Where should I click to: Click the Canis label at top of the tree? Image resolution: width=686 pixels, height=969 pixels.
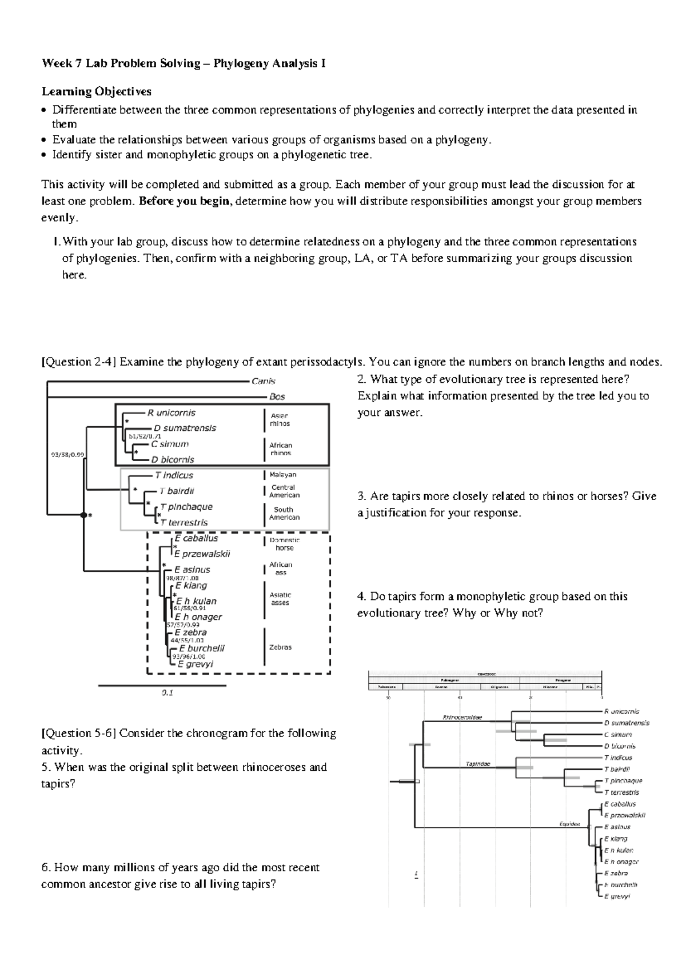[x=264, y=381]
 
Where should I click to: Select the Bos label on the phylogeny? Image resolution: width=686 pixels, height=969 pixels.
[x=277, y=397]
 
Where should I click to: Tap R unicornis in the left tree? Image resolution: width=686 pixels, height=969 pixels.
[x=171, y=413]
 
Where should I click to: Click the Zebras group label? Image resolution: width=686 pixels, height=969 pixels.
[x=280, y=647]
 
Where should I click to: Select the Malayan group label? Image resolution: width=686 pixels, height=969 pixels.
[x=283, y=475]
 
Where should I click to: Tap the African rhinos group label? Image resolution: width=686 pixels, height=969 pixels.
[x=281, y=449]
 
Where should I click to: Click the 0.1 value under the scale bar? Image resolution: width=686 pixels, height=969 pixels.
[x=167, y=692]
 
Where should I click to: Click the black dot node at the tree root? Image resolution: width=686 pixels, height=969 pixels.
[x=83, y=515]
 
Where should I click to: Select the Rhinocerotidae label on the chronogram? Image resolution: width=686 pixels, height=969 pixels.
[x=462, y=717]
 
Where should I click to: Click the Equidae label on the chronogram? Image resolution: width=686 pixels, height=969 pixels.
[x=569, y=824]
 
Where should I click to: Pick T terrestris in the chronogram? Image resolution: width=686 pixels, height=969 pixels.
[x=621, y=792]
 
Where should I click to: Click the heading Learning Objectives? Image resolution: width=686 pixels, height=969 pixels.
[x=96, y=91]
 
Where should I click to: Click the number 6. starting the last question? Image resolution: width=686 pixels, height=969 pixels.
[x=46, y=867]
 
